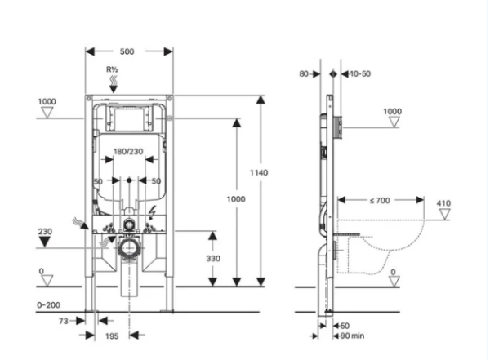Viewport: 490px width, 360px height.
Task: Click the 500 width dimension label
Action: click(x=127, y=51)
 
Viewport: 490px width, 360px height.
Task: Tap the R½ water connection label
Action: click(x=112, y=69)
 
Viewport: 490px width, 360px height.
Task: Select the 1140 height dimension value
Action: click(x=259, y=172)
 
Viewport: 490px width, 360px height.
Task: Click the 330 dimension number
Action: click(x=213, y=259)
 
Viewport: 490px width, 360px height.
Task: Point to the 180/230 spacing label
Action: click(x=128, y=152)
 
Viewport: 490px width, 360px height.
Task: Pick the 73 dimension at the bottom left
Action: click(x=64, y=321)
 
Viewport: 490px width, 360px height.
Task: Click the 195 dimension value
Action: click(x=112, y=336)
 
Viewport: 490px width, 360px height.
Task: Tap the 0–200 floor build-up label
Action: click(x=48, y=305)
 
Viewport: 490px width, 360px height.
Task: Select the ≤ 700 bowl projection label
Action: click(x=380, y=200)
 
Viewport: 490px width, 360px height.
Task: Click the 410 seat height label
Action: click(x=443, y=203)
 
